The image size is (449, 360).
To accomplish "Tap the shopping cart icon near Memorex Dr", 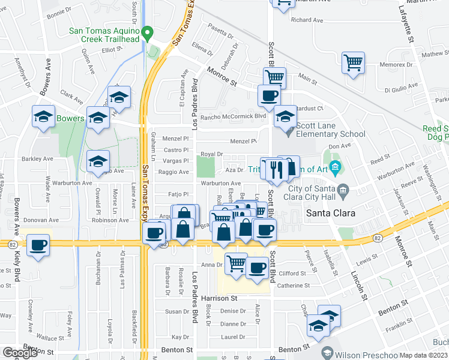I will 354,62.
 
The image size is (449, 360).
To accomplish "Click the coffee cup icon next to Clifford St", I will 258,268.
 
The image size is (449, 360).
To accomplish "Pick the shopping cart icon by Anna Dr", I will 237,263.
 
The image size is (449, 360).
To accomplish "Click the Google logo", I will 20,353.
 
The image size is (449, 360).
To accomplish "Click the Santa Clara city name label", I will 331,213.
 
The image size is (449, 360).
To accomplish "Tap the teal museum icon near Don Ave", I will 335,166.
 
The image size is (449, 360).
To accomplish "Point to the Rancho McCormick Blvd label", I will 233,116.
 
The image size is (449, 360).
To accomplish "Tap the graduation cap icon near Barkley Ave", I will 98,161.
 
